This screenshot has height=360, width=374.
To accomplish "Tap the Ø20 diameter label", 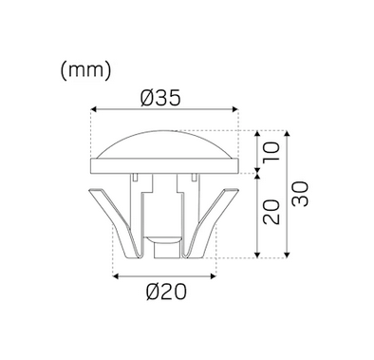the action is (x=166, y=292).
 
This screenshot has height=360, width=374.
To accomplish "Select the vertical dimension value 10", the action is (x=271, y=151).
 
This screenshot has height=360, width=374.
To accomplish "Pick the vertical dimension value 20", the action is (x=271, y=212).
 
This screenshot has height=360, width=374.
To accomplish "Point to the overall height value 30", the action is (x=299, y=194).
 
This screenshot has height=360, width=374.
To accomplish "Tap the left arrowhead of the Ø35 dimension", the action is (x=93, y=109).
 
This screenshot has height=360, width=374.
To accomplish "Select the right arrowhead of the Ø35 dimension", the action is (x=235, y=109).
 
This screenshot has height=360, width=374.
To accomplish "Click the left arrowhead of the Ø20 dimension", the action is (x=116, y=276).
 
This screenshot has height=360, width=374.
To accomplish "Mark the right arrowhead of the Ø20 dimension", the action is (x=214, y=276).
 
